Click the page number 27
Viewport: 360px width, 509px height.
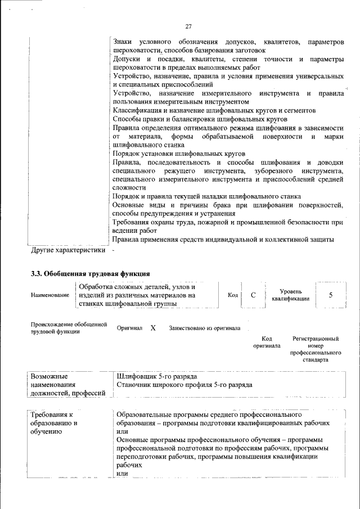tap(188, 26)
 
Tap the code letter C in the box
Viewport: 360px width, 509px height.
tap(253, 295)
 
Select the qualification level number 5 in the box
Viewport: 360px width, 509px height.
tap(330, 295)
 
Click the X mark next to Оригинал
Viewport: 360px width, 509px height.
tap(153, 328)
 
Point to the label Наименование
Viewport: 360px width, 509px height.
tap(50, 295)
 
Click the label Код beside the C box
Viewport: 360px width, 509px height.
tap(232, 295)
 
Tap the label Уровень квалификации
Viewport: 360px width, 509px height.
tap(290, 295)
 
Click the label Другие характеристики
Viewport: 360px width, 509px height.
tap(67, 249)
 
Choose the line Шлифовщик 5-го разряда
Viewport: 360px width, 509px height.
tap(157, 376)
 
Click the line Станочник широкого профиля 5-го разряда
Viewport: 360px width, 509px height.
tap(184, 385)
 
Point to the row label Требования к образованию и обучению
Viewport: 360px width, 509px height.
tap(54, 423)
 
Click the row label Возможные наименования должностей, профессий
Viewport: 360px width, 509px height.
tap(68, 384)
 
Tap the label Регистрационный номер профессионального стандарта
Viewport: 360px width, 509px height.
tap(316, 349)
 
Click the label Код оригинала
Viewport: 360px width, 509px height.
tap(267, 343)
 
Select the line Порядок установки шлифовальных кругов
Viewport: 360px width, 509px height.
tap(179, 154)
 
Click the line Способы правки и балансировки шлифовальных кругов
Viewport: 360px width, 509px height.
tap(200, 119)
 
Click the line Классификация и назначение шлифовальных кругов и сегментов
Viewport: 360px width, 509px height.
tap(214, 111)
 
